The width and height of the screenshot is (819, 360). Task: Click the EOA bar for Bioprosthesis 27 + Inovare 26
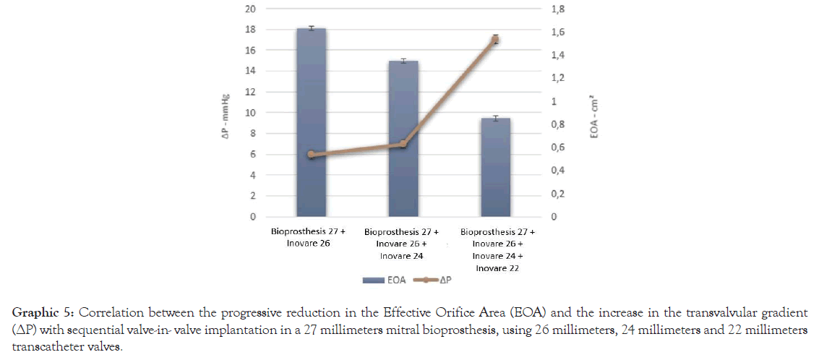[x=311, y=123]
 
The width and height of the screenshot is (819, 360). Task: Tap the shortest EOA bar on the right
[x=496, y=170]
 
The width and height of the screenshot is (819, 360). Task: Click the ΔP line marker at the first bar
[x=311, y=154]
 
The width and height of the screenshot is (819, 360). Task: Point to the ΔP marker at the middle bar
[x=403, y=144]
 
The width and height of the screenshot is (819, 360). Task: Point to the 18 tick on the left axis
[x=250, y=30]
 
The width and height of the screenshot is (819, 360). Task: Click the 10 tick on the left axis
[x=250, y=113]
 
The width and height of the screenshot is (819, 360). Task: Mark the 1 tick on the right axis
[x=557, y=101]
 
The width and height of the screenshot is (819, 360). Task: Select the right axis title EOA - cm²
[x=594, y=120]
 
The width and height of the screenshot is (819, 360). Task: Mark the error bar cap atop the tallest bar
[x=311, y=26]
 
